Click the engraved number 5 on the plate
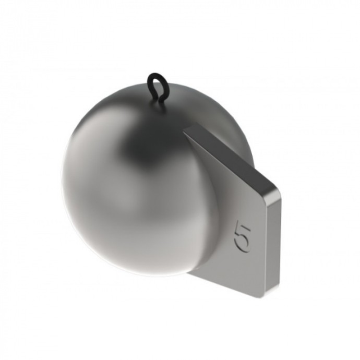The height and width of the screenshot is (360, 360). click(242, 236)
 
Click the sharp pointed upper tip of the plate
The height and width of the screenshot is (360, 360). click(184, 132)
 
